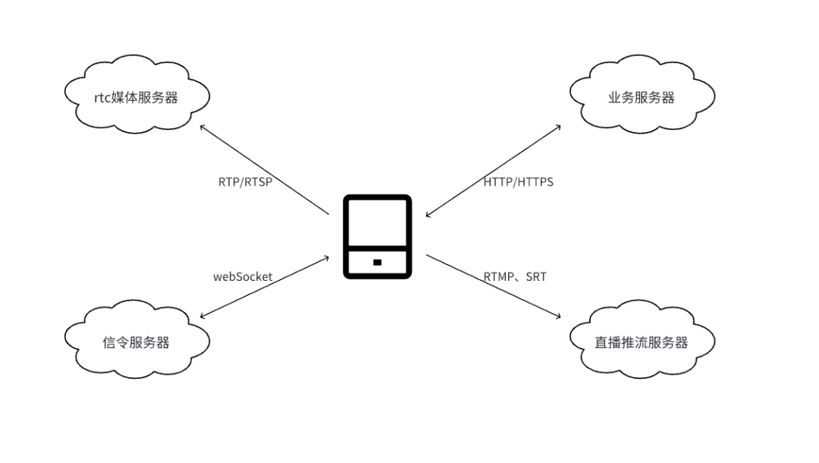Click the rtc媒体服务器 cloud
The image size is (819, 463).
(136, 96)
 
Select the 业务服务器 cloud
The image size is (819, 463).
(642, 96)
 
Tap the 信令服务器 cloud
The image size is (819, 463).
(136, 342)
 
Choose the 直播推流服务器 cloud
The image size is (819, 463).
(642, 342)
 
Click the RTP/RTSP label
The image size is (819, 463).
(245, 182)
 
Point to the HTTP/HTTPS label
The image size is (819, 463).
(519, 182)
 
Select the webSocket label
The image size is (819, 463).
(243, 277)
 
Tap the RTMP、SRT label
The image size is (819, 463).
(515, 277)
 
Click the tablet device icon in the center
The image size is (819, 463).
(377, 236)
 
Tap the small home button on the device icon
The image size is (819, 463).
(377, 262)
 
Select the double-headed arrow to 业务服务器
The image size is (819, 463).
(493, 171)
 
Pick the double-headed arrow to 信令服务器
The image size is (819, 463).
(264, 286)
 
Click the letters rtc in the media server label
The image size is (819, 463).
(103, 97)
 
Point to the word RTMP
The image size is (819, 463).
(499, 277)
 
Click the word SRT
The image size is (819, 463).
(536, 277)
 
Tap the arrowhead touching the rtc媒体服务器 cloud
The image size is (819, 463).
(202, 127)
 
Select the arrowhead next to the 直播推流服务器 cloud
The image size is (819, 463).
(558, 316)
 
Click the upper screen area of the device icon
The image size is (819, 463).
(377, 225)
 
